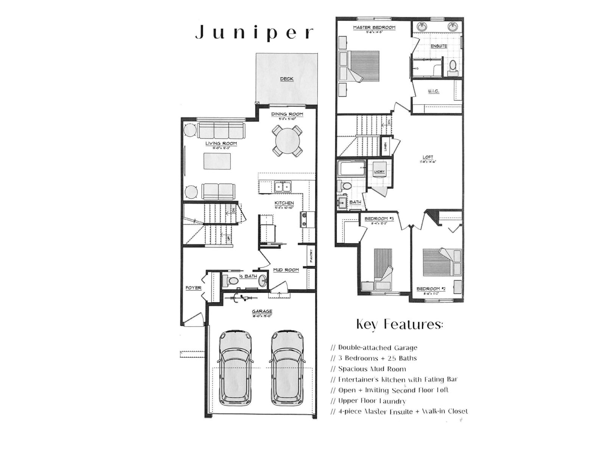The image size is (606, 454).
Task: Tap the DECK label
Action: pos(287,79)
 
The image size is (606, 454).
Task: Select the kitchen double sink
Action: pos(283,187)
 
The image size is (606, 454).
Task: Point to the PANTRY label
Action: pos(311,256)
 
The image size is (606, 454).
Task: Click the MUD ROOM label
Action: pos(286,270)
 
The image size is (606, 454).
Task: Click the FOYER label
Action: pos(193,288)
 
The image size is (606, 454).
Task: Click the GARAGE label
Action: pos(262,312)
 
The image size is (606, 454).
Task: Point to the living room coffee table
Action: pos(217,161)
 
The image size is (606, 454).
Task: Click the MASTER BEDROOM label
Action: pos(374,28)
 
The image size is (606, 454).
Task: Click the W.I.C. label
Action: pos(434,91)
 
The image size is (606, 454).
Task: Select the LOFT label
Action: pos(428,157)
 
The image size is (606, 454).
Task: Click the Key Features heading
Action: pos(399,325)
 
